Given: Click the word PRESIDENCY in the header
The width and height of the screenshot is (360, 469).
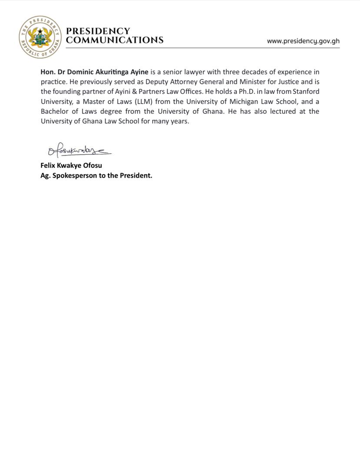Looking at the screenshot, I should coord(98,31).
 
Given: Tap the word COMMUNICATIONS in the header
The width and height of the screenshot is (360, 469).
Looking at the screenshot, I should coord(115,40).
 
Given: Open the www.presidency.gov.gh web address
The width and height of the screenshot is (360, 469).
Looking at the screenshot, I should coord(303,41).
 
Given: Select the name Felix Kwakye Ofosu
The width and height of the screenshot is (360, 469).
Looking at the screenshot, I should coord(71,165).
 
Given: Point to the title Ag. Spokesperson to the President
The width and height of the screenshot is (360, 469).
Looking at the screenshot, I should coord(96,176).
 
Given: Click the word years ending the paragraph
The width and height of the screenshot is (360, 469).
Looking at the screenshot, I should coord(180,121).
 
